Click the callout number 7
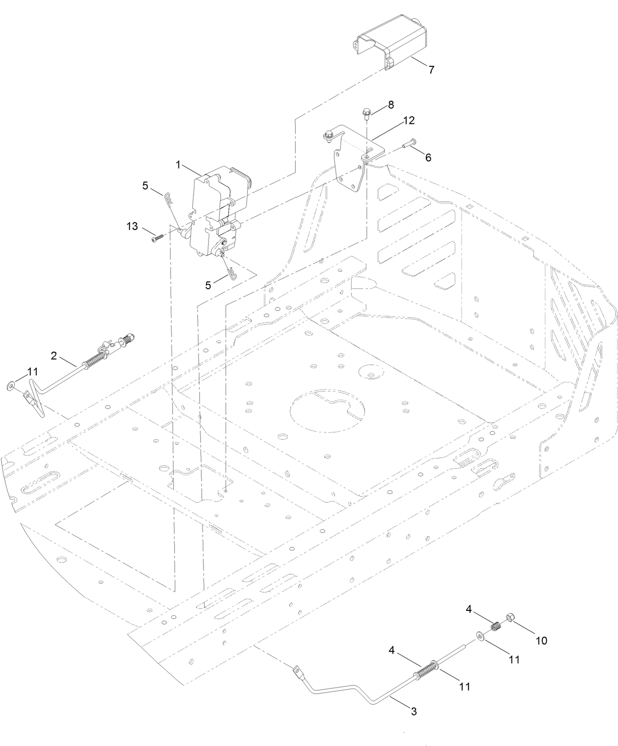(431, 70)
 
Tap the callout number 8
(391, 105)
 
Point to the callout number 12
(409, 120)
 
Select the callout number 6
(428, 157)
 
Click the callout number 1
(179, 166)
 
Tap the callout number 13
(132, 226)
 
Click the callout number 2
(54, 355)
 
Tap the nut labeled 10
(510, 618)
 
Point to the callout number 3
(414, 711)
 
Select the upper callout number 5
(145, 186)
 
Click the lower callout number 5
(208, 285)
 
